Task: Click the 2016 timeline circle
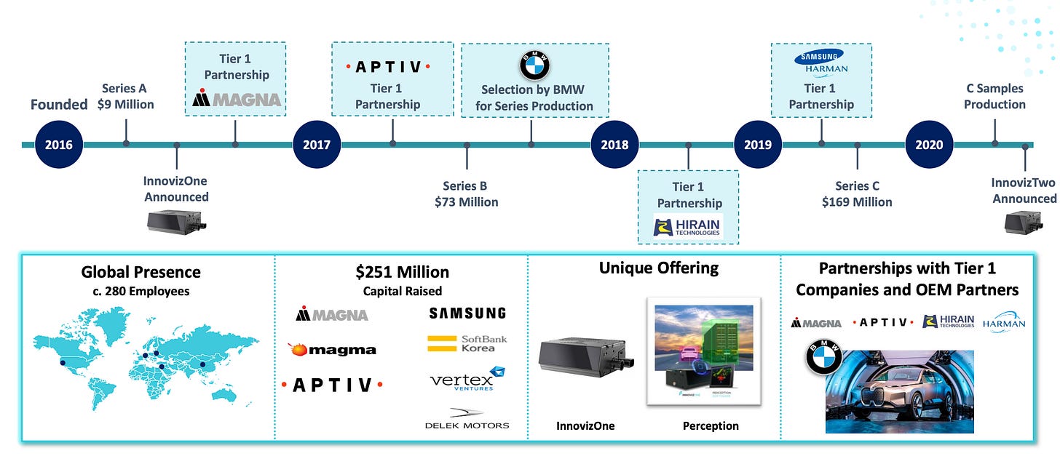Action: pos(59,144)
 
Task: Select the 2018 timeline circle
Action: pos(614,144)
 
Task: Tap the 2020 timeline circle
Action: pos(929,144)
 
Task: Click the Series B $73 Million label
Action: pos(466,193)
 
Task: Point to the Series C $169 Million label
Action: pos(857,193)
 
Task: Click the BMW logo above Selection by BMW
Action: pos(534,66)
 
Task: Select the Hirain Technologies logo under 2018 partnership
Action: pos(688,228)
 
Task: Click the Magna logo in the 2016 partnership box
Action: pos(237,99)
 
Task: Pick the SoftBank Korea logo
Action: pos(467,344)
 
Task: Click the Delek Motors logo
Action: pos(467,425)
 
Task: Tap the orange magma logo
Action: pos(332,350)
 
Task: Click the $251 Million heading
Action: pos(402,273)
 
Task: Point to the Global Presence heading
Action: pos(141,273)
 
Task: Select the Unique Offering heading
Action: pos(658,268)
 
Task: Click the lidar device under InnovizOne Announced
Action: pos(176,221)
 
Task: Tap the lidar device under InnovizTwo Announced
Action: pos(1023,223)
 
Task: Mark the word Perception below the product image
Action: pos(711,425)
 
